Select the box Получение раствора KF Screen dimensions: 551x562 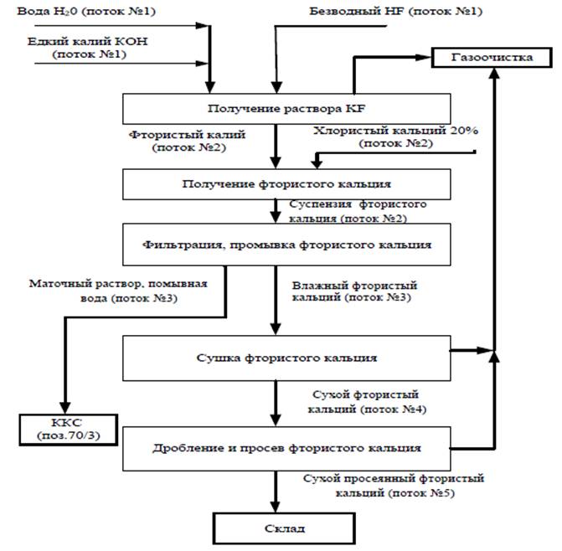[x=287, y=109]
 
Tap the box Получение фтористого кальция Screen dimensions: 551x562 [x=287, y=183]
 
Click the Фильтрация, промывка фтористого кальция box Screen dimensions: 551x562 [x=287, y=245]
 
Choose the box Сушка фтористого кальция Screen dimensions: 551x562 [x=287, y=358]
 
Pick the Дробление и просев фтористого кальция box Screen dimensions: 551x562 [x=287, y=447]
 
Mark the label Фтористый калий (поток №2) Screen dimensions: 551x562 [x=178, y=140]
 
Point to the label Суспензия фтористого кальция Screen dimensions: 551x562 [x=358, y=211]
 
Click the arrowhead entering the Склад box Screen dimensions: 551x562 [x=276, y=507]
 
